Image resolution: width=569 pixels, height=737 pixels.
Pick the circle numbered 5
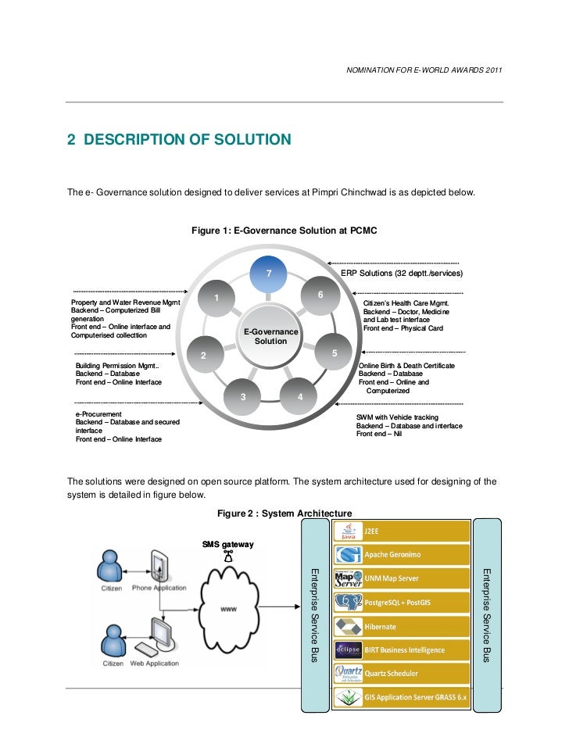[x=334, y=353]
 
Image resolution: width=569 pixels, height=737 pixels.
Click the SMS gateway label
[x=227, y=543]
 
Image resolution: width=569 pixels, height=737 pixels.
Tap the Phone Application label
[x=159, y=588]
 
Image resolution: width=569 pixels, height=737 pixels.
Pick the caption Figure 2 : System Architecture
[x=284, y=513]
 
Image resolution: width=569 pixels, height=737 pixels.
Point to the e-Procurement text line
[x=98, y=413]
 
